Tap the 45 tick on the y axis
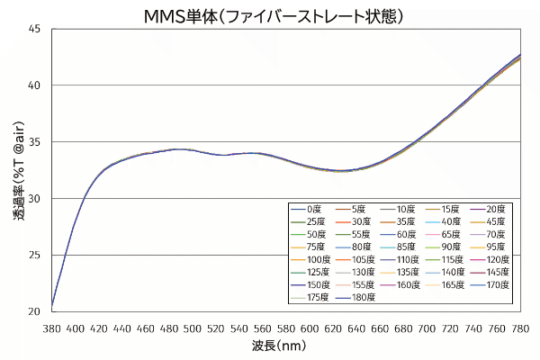coord(34,29)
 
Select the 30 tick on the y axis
coord(34,198)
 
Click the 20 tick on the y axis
coord(34,311)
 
